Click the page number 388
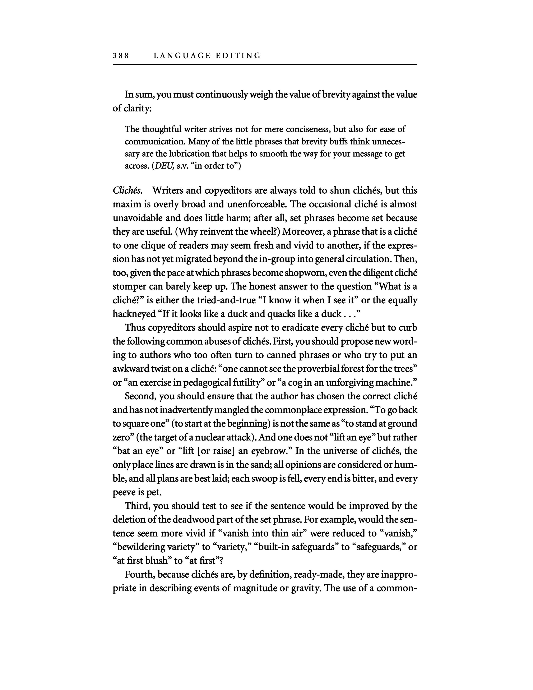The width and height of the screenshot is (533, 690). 121,56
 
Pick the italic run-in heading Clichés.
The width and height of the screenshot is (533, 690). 127,191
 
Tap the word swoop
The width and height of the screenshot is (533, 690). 279,479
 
